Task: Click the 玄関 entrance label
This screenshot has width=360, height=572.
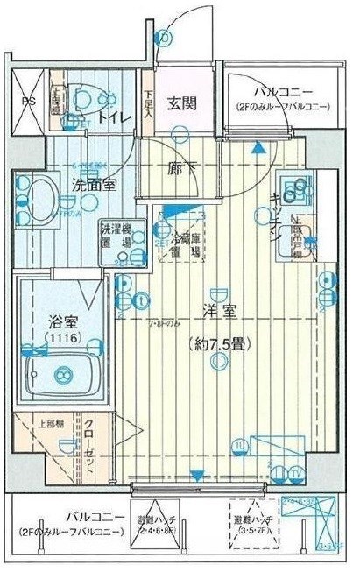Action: pos(182,102)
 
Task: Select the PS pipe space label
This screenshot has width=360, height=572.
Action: pos(28,100)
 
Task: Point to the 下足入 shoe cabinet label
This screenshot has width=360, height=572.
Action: pos(149,103)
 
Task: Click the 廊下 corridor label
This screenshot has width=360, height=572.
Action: pos(181,168)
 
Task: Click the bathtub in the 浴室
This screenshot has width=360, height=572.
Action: pos(59,372)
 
